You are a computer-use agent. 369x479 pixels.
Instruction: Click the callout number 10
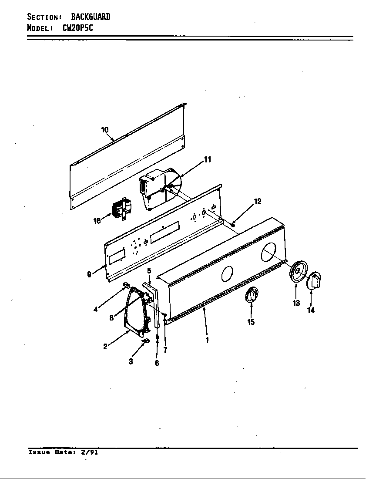tap(105, 130)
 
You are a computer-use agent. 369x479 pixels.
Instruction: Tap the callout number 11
tap(208, 160)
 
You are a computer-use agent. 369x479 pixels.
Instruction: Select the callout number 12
tap(258, 201)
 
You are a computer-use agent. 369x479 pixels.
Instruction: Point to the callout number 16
tap(97, 221)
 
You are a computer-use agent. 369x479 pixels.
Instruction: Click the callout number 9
tap(89, 274)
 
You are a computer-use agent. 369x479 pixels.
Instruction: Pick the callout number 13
tap(296, 303)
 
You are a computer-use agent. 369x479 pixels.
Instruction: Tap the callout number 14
tap(311, 310)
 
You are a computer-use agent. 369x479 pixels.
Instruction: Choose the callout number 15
tap(251, 322)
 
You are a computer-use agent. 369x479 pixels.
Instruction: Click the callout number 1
tap(207, 340)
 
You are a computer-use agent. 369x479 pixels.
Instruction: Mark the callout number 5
tap(149, 270)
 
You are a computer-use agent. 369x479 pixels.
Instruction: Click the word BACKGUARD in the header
tap(91, 17)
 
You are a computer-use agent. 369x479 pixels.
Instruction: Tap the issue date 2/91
tap(90, 452)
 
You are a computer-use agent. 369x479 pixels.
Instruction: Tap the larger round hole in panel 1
tap(268, 252)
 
